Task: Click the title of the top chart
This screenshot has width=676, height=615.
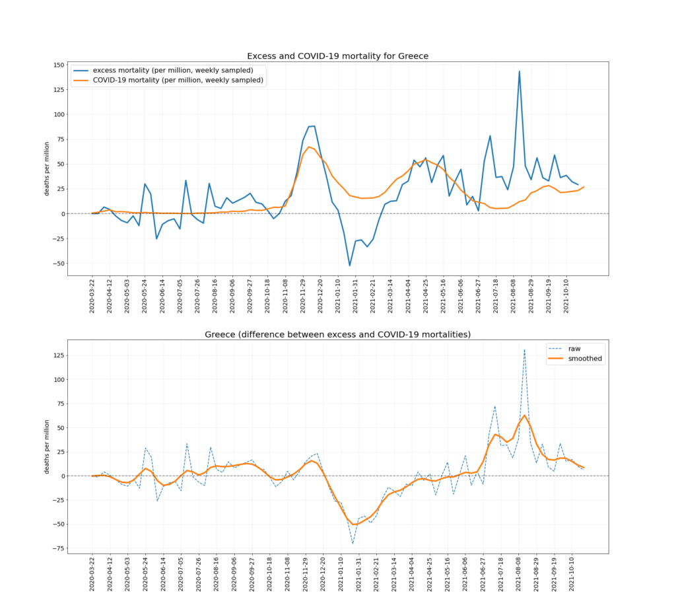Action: point(337,56)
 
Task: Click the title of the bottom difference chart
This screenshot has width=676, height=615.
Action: point(337,334)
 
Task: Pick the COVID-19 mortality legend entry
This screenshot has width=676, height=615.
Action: point(178,80)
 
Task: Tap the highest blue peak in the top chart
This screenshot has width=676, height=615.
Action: point(520,71)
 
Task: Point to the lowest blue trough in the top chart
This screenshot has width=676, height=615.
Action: point(350,266)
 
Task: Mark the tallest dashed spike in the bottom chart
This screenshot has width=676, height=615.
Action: point(525,350)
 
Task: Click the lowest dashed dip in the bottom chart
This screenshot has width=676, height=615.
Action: point(353,544)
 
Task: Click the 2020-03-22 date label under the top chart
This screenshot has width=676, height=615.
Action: point(92,295)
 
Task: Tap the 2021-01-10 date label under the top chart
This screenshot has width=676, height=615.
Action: point(338,295)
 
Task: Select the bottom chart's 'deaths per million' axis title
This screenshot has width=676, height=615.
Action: point(46,447)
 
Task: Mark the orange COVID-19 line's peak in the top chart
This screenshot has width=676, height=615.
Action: point(309,147)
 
